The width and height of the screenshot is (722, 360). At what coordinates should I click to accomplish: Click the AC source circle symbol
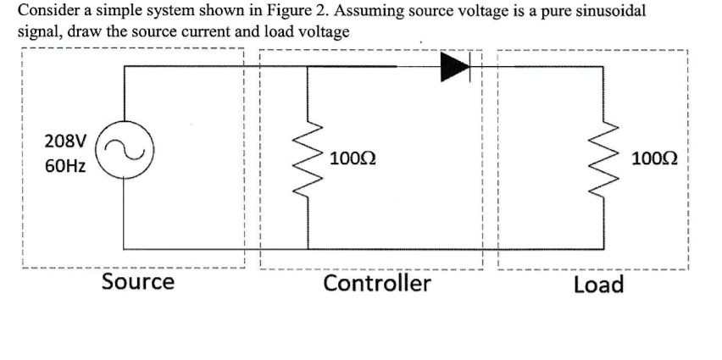126,155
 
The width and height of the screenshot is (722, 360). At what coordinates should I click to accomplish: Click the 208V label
64,140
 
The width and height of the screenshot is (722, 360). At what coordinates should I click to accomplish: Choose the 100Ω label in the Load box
658,158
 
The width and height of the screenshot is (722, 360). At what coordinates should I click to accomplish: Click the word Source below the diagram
137,281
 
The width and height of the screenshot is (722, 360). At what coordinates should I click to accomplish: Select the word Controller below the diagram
376,282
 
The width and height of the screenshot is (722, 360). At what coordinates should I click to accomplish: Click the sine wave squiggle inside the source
126,155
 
